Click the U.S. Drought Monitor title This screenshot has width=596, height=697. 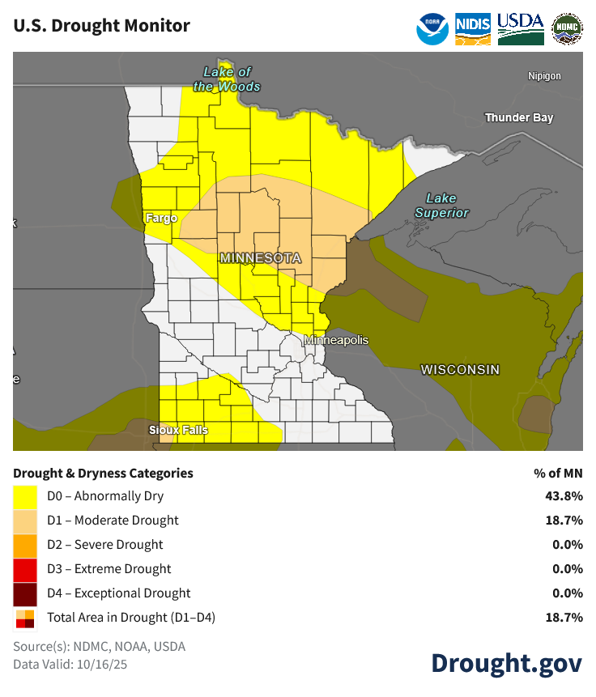pyautogui.click(x=102, y=26)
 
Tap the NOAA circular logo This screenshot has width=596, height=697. pyautogui.click(x=432, y=28)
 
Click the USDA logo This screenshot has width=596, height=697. pyautogui.click(x=520, y=28)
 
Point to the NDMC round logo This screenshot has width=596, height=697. pyautogui.click(x=566, y=28)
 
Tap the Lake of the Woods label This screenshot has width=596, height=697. pyautogui.click(x=227, y=79)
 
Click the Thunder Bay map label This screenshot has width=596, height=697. pyautogui.click(x=519, y=118)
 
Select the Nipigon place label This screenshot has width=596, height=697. pyautogui.click(x=544, y=76)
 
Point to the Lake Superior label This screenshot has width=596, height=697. pyautogui.click(x=441, y=206)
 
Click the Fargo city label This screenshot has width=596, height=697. pyautogui.click(x=161, y=218)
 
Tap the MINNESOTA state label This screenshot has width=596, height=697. pyautogui.click(x=260, y=258)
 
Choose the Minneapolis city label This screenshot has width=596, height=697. pyautogui.click(x=336, y=341)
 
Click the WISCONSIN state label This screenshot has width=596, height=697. pyautogui.click(x=460, y=369)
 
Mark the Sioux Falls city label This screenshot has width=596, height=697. pyautogui.click(x=178, y=430)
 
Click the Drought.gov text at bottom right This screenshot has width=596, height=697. pyautogui.click(x=506, y=663)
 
